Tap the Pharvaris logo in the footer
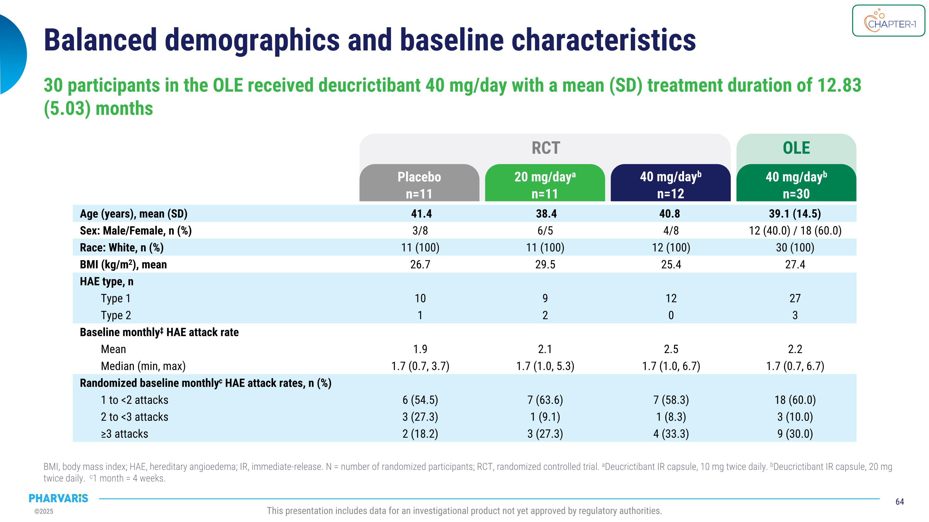pos(59,498)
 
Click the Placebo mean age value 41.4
pos(421,214)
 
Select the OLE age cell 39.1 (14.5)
pos(795,214)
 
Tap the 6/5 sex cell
pos(545,231)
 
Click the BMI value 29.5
pos(545,265)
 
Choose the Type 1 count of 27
pos(795,298)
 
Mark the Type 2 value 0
pos(671,315)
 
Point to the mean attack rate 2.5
pos(671,349)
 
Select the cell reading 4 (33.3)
pos(671,434)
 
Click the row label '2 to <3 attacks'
pos(134,417)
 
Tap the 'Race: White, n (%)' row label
pos(121,248)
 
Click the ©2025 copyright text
pos(44,511)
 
